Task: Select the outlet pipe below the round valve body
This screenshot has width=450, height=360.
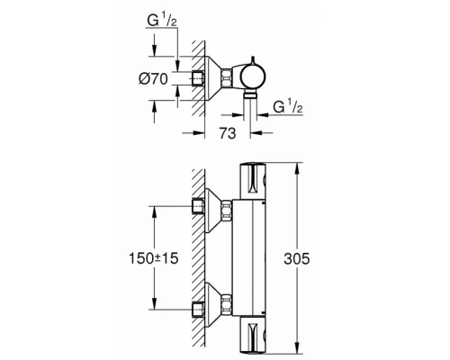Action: [253, 103]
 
